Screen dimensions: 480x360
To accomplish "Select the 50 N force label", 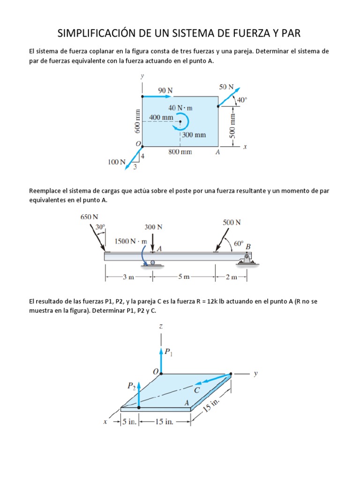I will [x=226, y=87].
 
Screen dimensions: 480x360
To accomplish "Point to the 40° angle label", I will [x=241, y=100].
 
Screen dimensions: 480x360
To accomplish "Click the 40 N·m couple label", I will [x=180, y=108].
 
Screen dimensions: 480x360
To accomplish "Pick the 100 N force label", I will [x=116, y=162].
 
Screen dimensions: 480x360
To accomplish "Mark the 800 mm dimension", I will [x=180, y=152].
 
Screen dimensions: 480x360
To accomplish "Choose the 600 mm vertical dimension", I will [x=137, y=120].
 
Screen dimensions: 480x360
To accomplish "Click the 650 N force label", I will [x=90, y=217].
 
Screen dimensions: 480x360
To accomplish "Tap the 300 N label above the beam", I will [x=153, y=227].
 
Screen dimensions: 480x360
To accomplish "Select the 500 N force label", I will [x=232, y=222].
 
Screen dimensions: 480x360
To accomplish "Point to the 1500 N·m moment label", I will [x=131, y=241].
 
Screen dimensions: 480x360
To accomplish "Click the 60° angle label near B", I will [x=239, y=243].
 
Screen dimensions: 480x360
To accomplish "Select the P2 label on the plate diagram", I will [x=131, y=386].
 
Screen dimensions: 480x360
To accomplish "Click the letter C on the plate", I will [x=197, y=389].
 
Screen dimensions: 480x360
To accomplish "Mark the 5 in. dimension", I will [x=128, y=421].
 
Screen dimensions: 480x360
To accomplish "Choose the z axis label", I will [x=161, y=325].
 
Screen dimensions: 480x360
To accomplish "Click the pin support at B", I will [x=245, y=262].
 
